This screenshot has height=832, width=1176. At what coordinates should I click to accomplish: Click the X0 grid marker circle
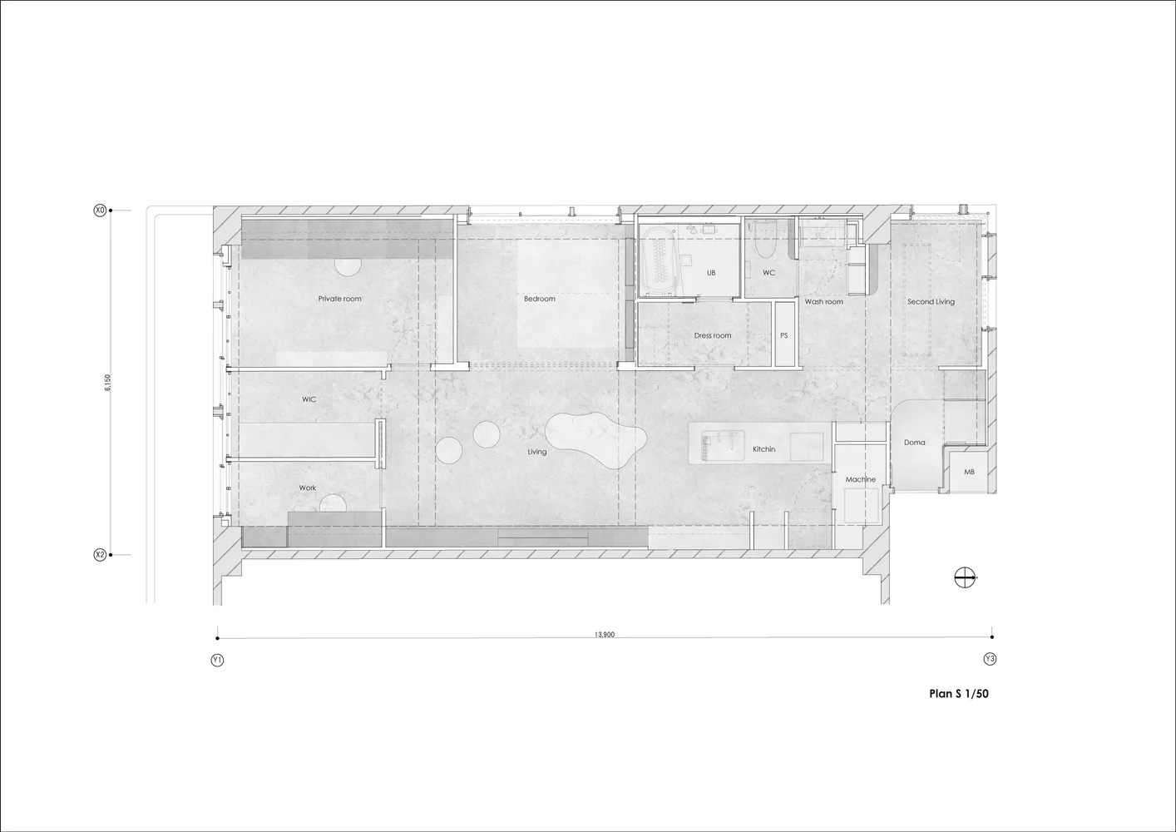100,210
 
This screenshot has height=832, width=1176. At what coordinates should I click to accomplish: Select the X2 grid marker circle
100,555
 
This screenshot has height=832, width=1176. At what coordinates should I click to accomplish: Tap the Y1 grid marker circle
217,661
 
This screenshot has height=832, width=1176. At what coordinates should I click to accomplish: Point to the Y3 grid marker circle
990,659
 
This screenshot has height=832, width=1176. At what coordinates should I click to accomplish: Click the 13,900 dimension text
605,635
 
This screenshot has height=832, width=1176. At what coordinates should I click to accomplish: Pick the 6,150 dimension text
107,383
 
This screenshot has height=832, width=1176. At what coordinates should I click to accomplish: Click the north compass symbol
965,577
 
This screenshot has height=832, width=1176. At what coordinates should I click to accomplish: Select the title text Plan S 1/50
959,693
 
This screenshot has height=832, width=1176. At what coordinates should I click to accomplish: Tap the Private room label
339,299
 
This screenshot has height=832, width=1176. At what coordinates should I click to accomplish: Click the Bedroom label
539,299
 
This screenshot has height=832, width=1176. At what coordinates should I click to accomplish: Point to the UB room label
711,273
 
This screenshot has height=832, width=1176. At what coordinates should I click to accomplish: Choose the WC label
768,273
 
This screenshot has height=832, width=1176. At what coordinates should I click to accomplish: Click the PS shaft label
783,335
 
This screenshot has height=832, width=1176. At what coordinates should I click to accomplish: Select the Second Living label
931,302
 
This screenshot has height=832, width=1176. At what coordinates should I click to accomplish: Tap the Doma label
915,443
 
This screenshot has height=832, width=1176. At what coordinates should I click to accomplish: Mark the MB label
969,472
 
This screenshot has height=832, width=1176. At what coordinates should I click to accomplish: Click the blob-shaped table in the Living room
595,440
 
